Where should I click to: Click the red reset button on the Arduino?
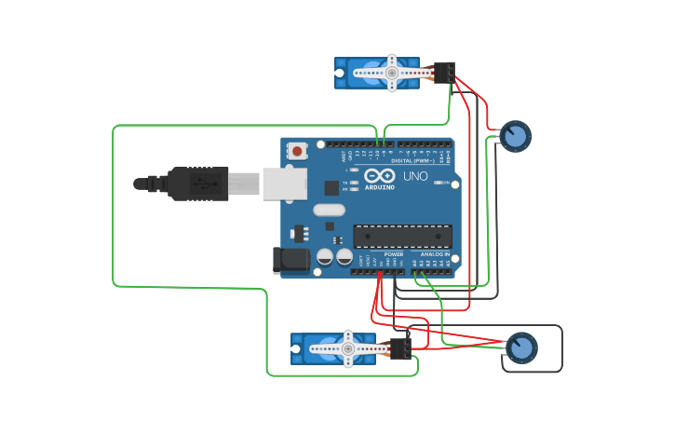tap(297, 150)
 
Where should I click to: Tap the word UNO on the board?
tap(415, 176)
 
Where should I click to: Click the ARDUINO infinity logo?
tap(380, 176)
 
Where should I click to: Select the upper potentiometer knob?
tap(515, 136)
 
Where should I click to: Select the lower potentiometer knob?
tap(521, 348)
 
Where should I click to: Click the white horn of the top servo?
tap(391, 73)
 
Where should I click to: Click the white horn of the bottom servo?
tap(347, 348)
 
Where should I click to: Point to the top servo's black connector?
tap(444, 73)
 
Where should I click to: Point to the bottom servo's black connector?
tap(400, 348)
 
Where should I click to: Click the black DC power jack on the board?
tap(290, 260)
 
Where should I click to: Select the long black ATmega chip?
tap(402, 237)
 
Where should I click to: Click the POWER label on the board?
tap(394, 253)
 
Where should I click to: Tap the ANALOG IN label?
tap(434, 253)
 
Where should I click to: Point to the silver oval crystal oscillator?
tap(329, 210)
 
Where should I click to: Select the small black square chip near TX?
tap(331, 187)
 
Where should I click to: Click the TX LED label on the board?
tap(345, 182)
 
